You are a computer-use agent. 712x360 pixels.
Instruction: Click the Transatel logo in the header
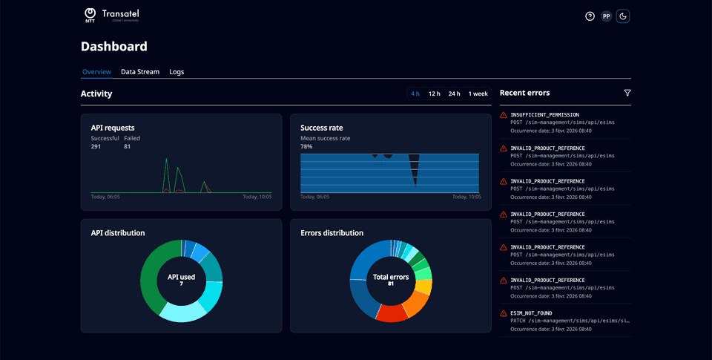click(111, 16)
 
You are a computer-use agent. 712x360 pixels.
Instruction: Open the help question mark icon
click(590, 16)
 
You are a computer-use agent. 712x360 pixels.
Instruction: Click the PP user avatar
click(606, 16)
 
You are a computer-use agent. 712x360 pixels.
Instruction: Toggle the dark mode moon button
click(623, 16)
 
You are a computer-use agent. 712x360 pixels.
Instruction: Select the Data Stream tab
click(140, 72)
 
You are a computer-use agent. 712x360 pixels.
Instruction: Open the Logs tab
click(177, 72)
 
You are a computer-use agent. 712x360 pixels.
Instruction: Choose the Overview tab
click(96, 72)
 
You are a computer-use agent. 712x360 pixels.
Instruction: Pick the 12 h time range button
click(434, 94)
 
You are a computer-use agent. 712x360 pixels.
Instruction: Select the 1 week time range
click(478, 94)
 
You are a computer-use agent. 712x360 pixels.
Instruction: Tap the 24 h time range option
click(454, 94)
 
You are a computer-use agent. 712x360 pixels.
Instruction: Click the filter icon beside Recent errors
click(627, 93)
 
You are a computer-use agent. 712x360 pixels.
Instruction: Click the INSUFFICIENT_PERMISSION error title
click(544, 115)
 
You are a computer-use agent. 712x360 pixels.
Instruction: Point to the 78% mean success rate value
click(306, 147)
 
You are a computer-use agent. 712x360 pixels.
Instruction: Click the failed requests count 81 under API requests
click(128, 147)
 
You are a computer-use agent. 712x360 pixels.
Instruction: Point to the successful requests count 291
click(96, 147)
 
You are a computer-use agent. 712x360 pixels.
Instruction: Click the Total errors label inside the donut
click(390, 277)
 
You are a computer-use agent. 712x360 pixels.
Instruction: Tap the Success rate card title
click(321, 128)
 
